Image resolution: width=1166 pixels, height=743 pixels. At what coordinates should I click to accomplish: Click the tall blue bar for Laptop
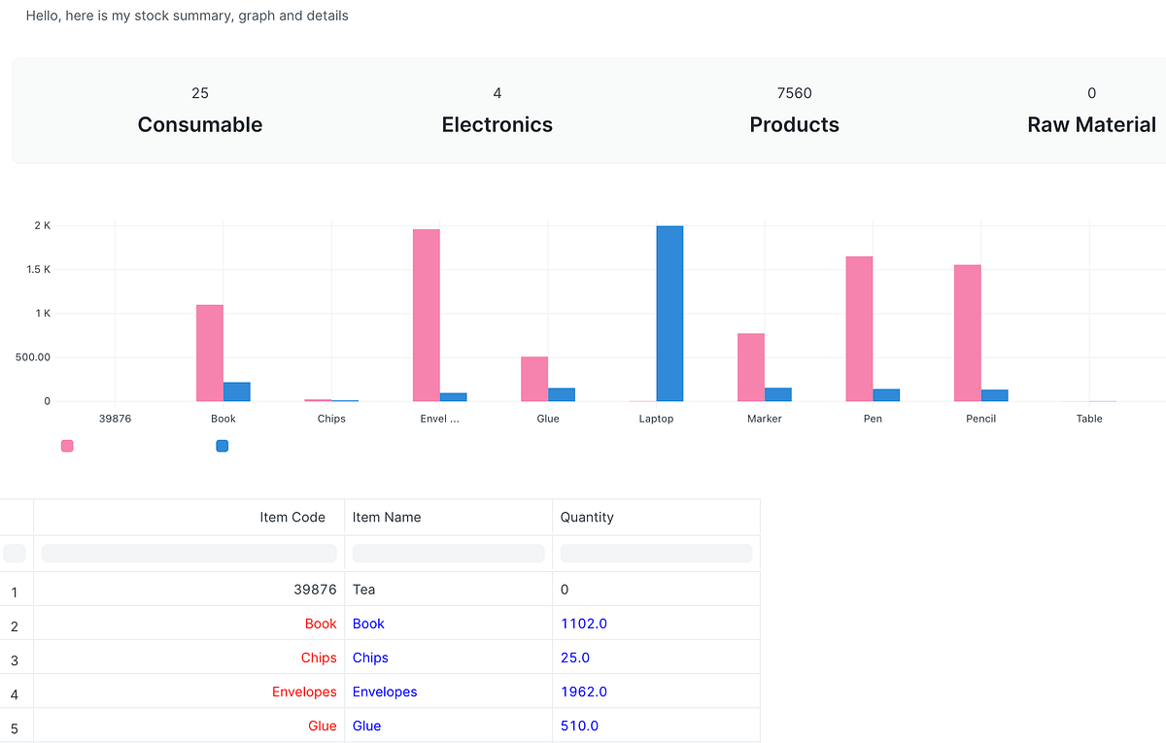point(669,313)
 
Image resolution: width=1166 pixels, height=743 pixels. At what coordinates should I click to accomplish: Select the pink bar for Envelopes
point(427,315)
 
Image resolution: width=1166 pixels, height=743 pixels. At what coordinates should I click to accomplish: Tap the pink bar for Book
point(210,353)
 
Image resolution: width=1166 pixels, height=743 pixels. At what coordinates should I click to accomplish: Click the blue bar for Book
point(237,391)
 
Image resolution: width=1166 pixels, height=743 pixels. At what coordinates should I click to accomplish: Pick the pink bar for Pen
point(859,328)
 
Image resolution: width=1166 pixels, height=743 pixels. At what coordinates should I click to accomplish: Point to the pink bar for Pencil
point(967,332)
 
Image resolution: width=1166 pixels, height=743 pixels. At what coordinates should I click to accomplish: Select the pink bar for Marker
point(751,367)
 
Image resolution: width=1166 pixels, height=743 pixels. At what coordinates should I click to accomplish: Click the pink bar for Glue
point(534,379)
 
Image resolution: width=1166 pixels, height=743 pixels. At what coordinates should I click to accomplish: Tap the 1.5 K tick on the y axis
point(39,269)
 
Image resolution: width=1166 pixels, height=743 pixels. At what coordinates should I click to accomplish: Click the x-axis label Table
point(1089,419)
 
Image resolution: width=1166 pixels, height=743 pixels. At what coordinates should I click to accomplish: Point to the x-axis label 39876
point(116,419)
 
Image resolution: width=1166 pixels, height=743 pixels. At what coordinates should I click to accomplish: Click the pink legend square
point(67,446)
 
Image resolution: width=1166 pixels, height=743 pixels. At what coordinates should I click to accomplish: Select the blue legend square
point(223,446)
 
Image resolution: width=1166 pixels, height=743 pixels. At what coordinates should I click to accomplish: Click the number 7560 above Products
point(794,93)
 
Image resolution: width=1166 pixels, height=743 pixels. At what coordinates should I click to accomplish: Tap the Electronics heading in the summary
point(497,124)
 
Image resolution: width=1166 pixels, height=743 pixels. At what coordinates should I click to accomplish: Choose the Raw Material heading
point(1091,124)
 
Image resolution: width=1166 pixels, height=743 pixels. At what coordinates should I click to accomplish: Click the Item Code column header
point(292,517)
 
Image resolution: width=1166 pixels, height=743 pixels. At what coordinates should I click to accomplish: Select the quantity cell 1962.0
point(584,692)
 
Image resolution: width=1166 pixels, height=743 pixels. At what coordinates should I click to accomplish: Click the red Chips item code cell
point(319,658)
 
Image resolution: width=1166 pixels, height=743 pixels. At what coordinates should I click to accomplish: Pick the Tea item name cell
point(364,590)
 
